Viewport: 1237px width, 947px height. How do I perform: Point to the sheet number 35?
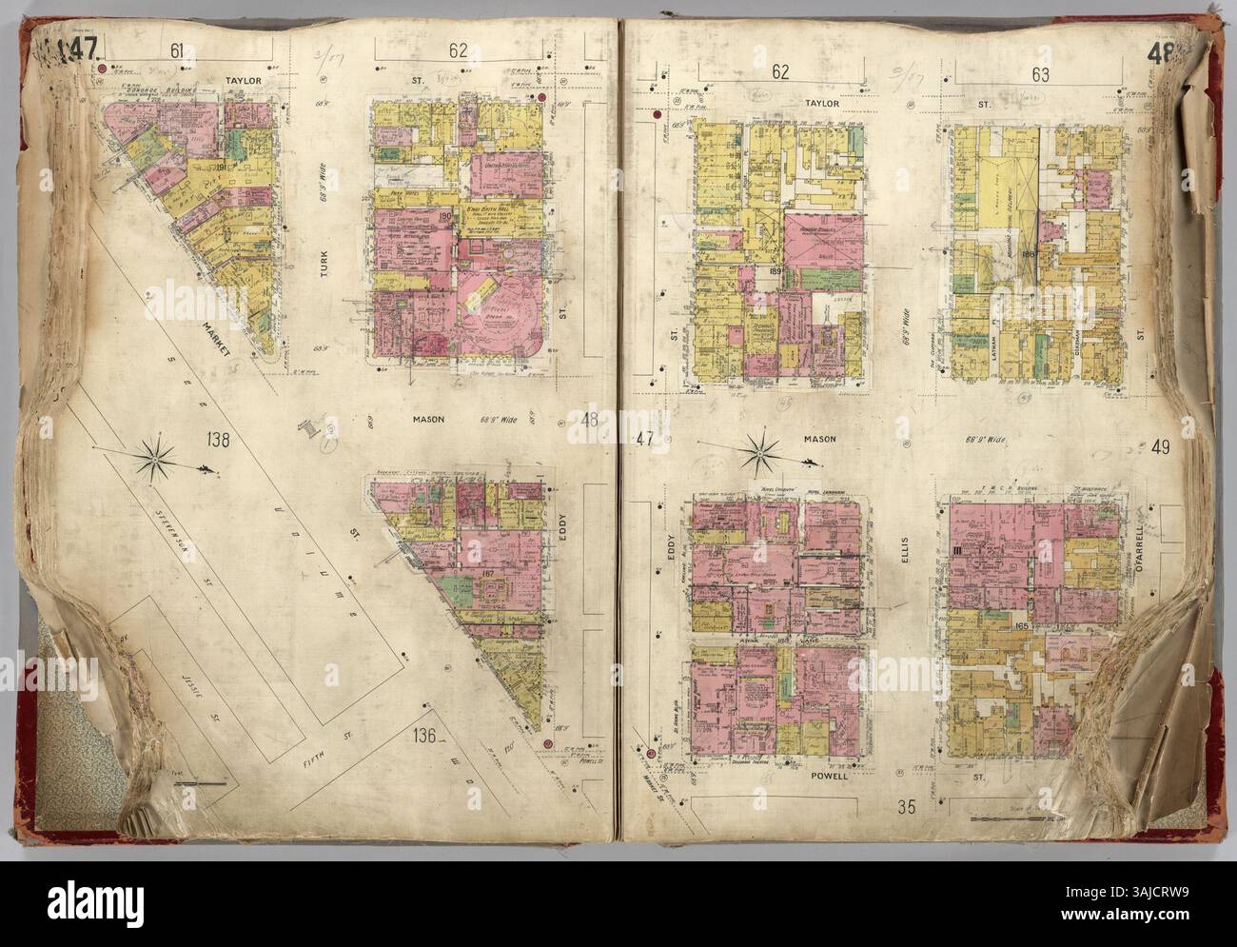pyautogui.click(x=906, y=809)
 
